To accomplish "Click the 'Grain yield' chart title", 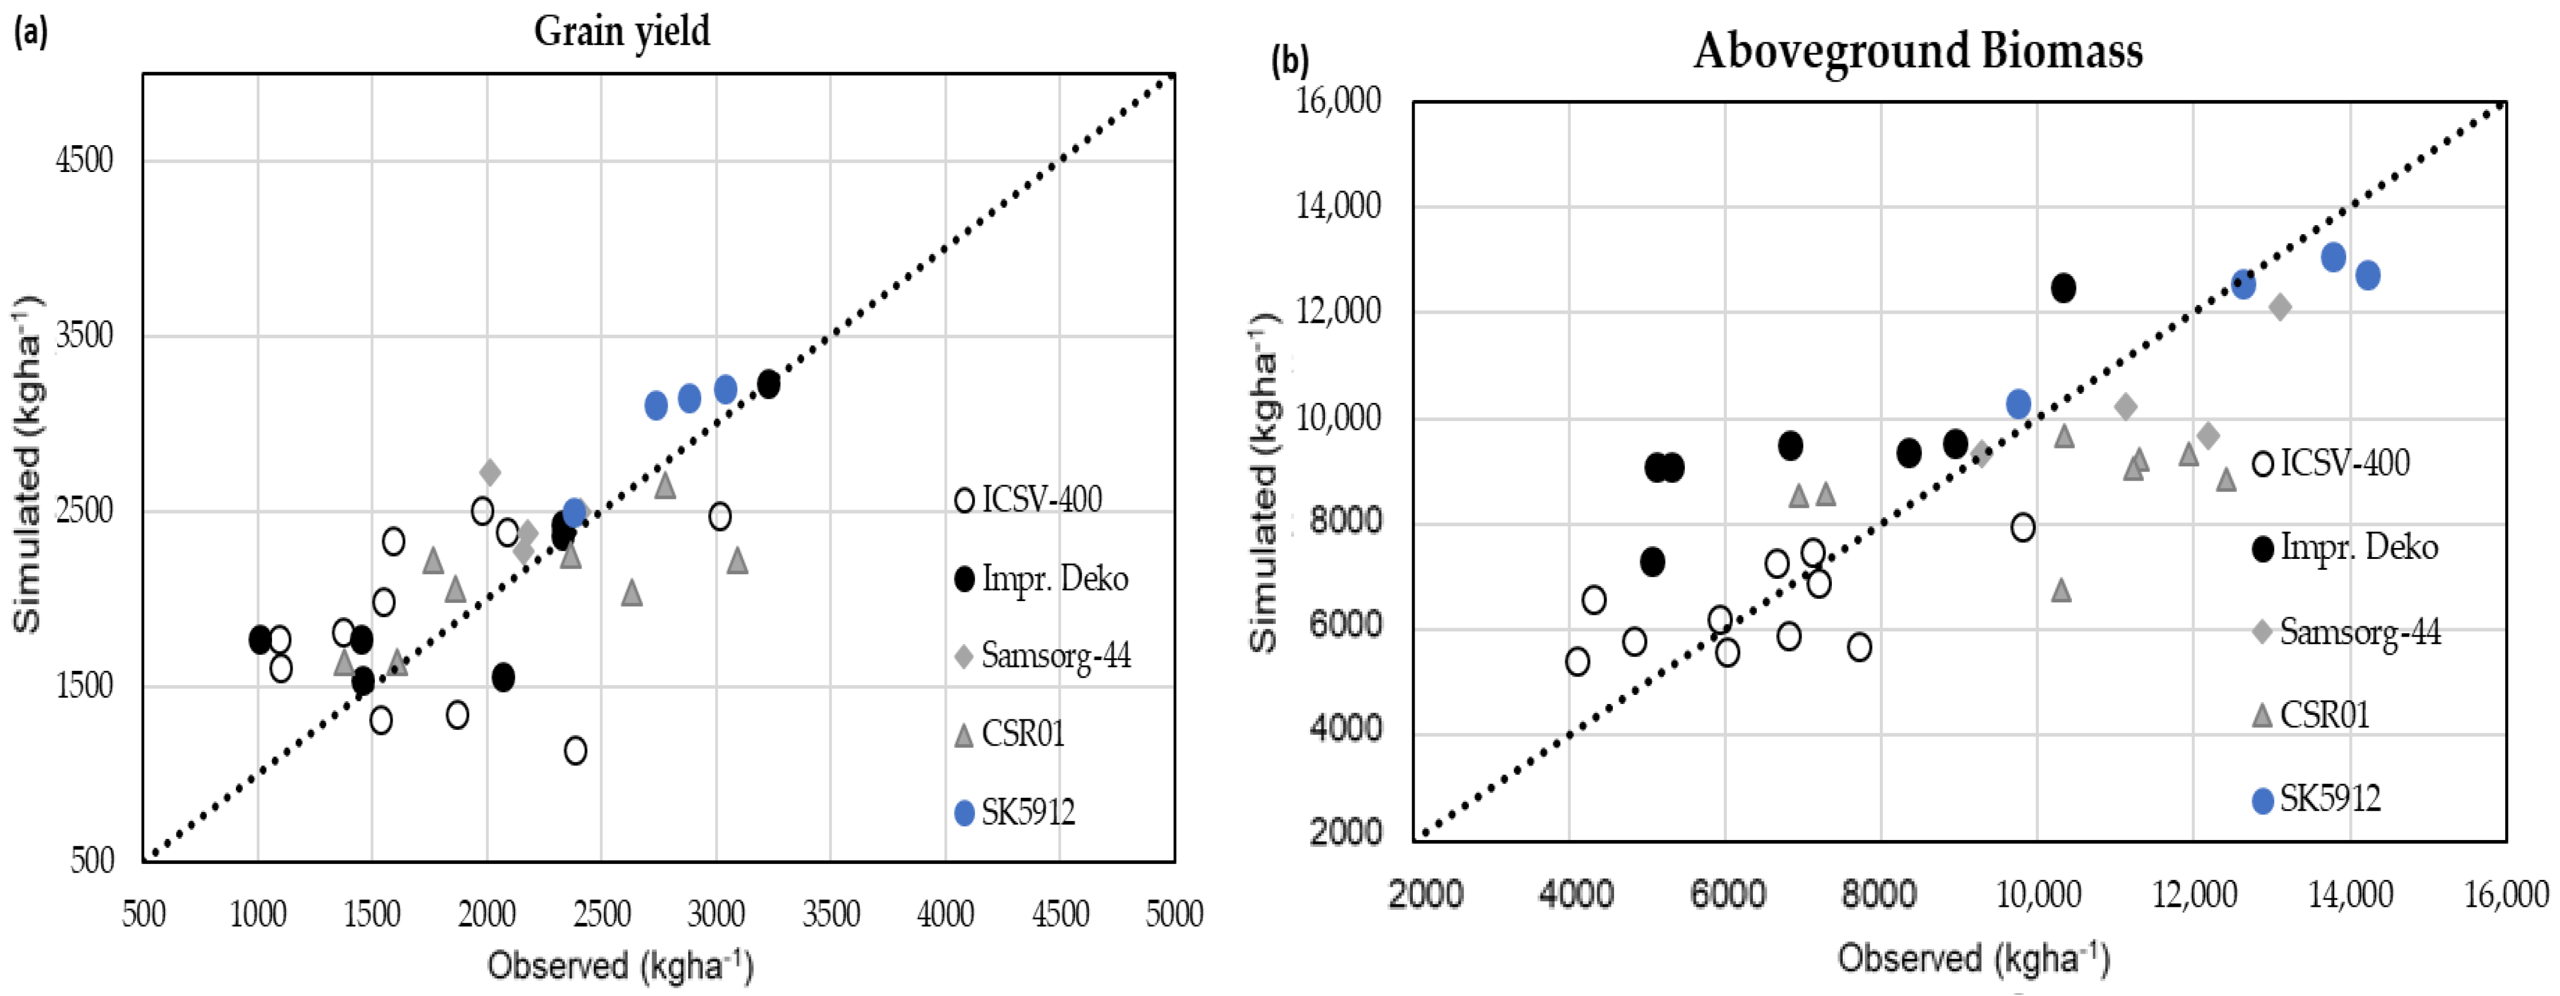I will (622, 31).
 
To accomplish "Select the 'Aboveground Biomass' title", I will (1918, 51).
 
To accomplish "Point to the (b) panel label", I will (1290, 62).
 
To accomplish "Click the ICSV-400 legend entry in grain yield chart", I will (1029, 499).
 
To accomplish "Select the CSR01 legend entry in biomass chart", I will (2311, 715).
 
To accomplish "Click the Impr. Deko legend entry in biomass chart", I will (2345, 547).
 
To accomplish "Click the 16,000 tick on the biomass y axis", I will (1339, 101).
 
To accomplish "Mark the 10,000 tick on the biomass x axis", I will (2038, 895).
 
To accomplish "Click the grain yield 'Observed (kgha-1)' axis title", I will (620, 965).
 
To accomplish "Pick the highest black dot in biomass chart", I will (2063, 288).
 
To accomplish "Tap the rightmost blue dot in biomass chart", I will (2368, 275).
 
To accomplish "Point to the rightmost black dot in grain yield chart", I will (768, 383).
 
